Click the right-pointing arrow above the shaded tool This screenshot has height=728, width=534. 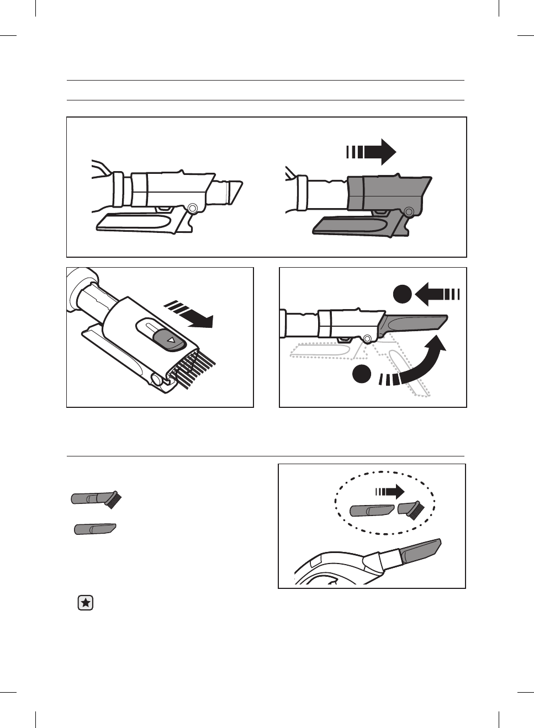(371, 151)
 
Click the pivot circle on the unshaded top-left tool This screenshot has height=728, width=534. (192, 208)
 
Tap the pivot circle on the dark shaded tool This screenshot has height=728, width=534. (409, 211)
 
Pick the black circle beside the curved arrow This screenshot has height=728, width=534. (362, 374)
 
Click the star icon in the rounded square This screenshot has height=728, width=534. (86, 603)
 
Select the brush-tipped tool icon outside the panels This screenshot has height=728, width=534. (96, 499)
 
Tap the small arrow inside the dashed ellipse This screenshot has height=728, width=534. (390, 491)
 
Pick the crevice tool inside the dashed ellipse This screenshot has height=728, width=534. (372, 510)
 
